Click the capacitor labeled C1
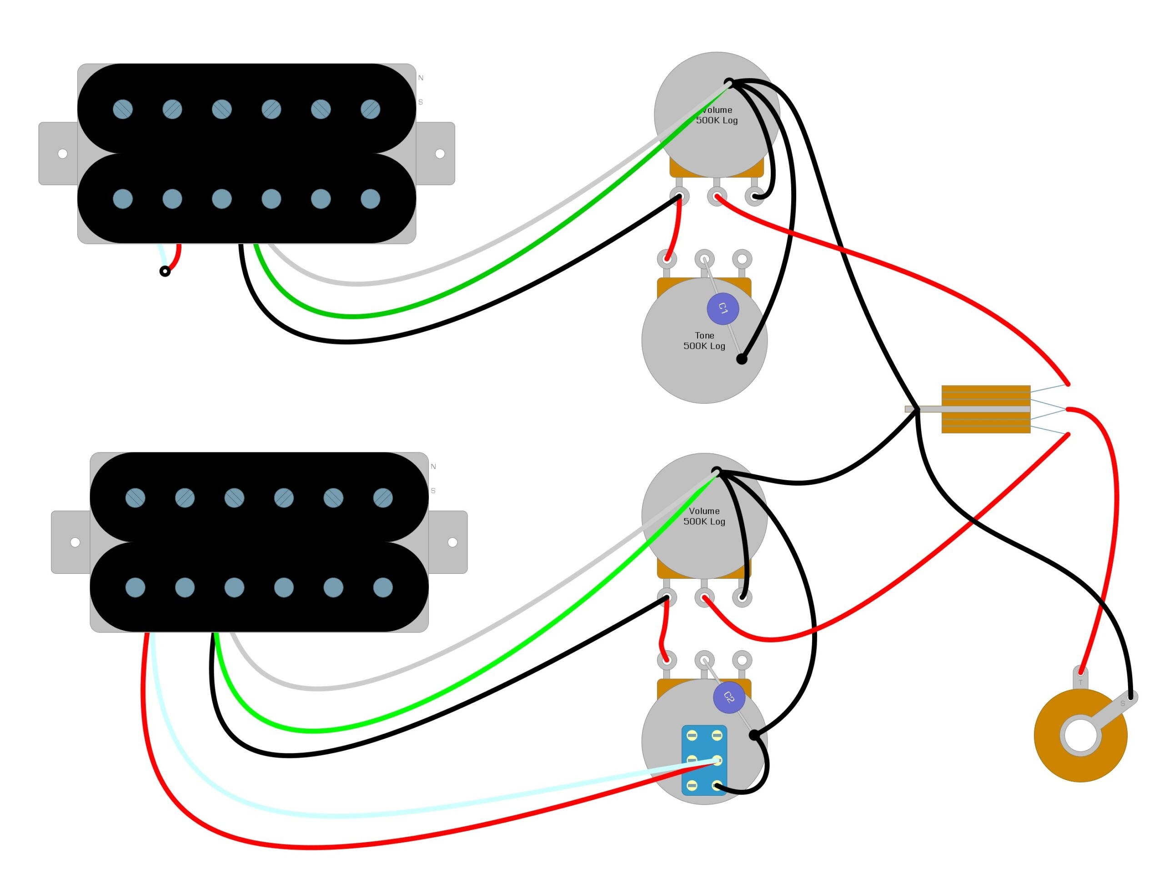coord(722,308)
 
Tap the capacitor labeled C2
coord(729,698)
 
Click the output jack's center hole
coord(1080,735)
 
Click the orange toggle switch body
coord(986,409)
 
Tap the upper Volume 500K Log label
coord(717,115)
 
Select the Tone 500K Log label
coord(704,341)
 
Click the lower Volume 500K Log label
coord(704,516)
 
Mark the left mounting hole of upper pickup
coord(63,154)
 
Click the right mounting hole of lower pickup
coord(452,542)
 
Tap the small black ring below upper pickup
coord(165,271)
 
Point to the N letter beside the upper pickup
coord(421,78)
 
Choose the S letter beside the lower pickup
coord(433,491)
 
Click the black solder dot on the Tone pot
coord(742,359)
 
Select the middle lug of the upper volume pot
coord(717,197)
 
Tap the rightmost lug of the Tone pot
coord(742,259)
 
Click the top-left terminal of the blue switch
coord(692,735)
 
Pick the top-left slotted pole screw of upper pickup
coord(123,109)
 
